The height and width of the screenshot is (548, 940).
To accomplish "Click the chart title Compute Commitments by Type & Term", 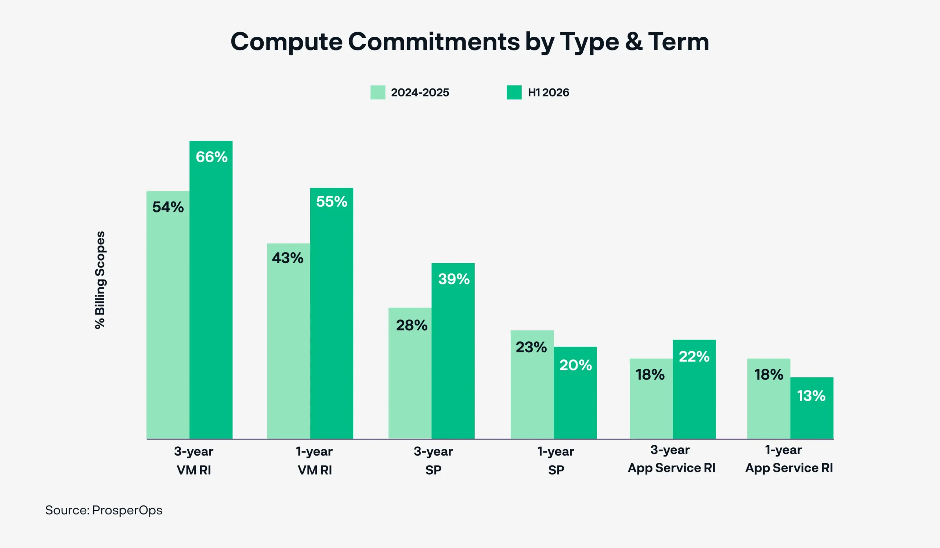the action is click(x=470, y=42).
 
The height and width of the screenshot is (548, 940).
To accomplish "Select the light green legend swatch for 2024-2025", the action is click(x=377, y=92).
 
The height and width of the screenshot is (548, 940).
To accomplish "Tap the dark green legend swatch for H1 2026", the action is click(x=514, y=92).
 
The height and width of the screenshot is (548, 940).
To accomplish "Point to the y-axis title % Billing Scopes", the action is click(x=100, y=280).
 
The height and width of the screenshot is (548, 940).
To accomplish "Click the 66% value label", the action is click(x=211, y=157).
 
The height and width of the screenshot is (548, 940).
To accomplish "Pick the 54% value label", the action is click(x=168, y=207).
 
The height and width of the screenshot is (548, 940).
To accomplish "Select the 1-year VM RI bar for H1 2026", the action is click(x=332, y=313).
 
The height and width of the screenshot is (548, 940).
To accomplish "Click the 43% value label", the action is click(x=288, y=258).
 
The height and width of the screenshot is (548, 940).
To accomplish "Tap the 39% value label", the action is click(x=453, y=279).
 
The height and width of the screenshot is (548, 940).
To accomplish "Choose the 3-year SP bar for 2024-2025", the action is click(x=410, y=373).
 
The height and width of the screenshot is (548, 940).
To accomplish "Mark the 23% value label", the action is click(x=531, y=348).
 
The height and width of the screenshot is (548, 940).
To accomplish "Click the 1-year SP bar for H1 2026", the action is click(x=575, y=393).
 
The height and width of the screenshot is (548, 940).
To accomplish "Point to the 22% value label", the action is click(x=694, y=357).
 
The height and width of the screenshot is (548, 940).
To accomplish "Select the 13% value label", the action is click(x=811, y=396).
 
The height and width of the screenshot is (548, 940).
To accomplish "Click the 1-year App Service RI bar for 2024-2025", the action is click(x=769, y=399).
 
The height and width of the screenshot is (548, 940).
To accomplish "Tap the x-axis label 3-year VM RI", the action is click(x=194, y=461).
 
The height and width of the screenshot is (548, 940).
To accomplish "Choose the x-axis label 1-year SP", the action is click(x=556, y=461).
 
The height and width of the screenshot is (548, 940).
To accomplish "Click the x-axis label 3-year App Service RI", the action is click(x=672, y=459).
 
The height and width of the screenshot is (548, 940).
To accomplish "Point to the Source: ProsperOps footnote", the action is click(x=104, y=510).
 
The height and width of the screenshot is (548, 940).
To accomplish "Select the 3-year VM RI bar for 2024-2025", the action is click(x=168, y=315).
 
